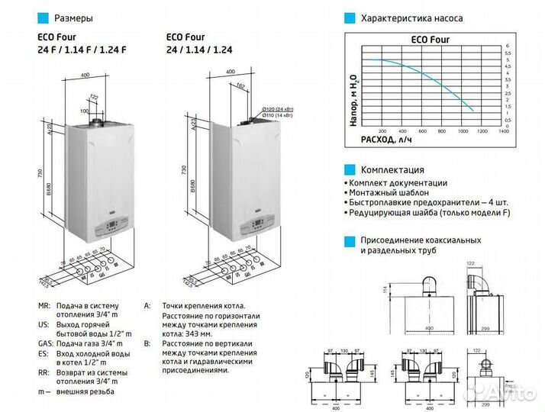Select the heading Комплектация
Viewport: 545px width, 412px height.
392,169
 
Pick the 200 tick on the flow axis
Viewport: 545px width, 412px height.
382,131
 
